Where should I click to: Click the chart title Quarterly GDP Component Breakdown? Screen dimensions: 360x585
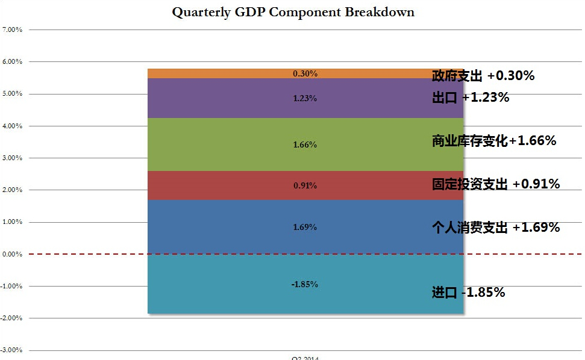point(293,12)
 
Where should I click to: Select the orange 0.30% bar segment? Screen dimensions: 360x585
point(241,73)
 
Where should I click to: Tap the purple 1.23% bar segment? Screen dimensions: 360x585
point(241,98)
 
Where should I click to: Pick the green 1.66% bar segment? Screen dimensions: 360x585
point(241,144)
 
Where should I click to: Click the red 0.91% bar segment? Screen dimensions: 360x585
point(241,185)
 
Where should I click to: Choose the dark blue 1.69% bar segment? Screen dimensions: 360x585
point(241,227)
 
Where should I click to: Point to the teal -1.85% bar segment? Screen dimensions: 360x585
point(241,284)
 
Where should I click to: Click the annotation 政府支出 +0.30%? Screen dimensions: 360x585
point(483,76)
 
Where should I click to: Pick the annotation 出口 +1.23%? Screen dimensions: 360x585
point(471,98)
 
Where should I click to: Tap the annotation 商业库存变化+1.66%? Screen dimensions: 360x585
point(493,141)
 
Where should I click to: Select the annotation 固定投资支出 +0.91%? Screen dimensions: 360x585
point(496,184)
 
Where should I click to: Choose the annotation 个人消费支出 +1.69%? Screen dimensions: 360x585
point(496,228)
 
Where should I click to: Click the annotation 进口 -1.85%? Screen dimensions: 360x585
point(468,293)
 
